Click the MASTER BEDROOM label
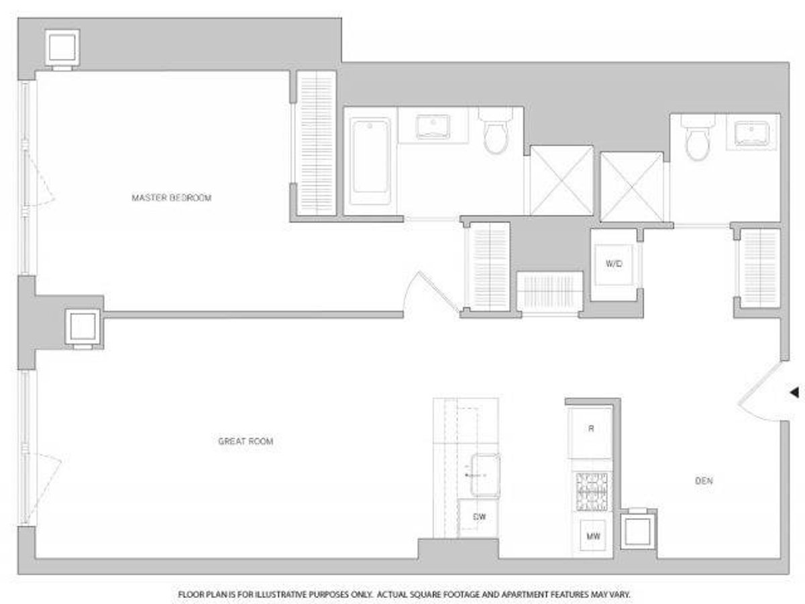(172, 198)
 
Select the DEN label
(703, 481)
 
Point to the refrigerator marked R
(590, 430)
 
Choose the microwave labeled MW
(591, 536)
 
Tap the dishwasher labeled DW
(478, 517)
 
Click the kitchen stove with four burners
(591, 491)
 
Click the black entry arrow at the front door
(794, 392)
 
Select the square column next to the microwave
(636, 531)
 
